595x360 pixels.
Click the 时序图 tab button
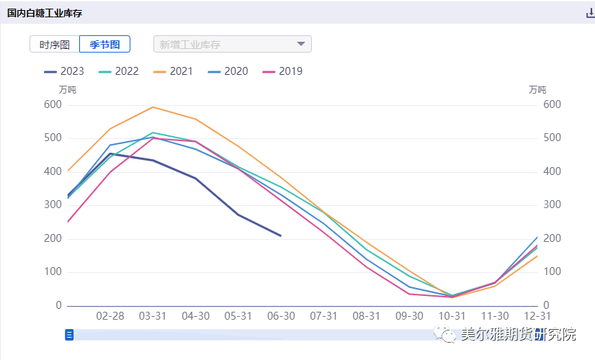[55, 44]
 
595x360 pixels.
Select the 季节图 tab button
[104, 44]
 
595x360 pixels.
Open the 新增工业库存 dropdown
[233, 44]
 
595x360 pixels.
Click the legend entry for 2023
[63, 71]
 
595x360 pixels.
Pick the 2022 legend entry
[118, 71]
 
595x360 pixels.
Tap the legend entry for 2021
[173, 71]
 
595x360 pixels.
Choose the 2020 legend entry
[228, 71]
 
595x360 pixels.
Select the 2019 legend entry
[282, 71]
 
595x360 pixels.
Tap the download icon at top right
[590, 12]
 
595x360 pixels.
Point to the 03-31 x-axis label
[153, 316]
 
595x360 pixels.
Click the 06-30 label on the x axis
[281, 316]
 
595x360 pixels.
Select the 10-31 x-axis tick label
[452, 316]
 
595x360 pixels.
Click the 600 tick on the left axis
[53, 104]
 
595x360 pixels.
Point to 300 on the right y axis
[552, 205]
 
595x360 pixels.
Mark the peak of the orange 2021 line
[153, 107]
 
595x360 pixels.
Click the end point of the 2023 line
[281, 235]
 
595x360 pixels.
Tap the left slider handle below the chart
[69, 334]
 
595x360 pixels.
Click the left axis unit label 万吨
[67, 90]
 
